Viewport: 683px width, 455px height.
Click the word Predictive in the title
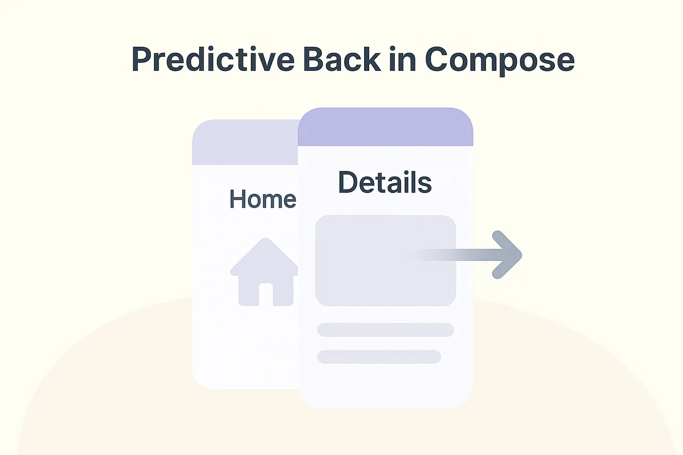pyautogui.click(x=213, y=60)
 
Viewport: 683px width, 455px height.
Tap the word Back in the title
pyautogui.click(x=341, y=59)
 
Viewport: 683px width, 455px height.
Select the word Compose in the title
pyautogui.click(x=499, y=60)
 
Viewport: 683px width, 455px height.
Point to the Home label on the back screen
pyautogui.click(x=263, y=199)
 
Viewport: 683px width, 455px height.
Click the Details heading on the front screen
pyautogui.click(x=385, y=182)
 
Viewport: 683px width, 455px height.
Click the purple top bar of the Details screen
pyautogui.click(x=385, y=128)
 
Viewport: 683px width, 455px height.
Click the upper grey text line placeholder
pyautogui.click(x=385, y=330)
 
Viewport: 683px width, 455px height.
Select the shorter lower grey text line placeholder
pyautogui.click(x=379, y=357)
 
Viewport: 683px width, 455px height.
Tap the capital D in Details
pyautogui.click(x=348, y=182)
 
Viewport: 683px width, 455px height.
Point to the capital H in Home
pyautogui.click(x=238, y=199)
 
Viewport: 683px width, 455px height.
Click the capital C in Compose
pyautogui.click(x=438, y=60)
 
